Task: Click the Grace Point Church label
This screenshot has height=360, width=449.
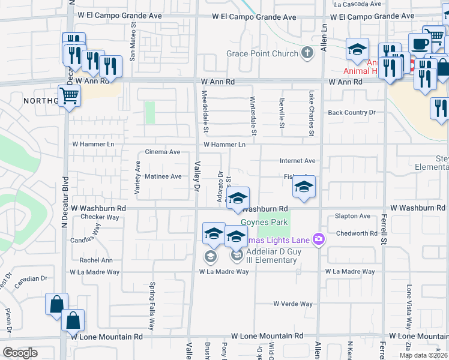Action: [x=262, y=54]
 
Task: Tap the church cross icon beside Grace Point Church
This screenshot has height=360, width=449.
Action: [x=307, y=53]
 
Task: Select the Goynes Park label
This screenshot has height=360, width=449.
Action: [x=264, y=223]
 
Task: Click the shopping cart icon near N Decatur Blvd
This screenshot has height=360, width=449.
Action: [x=70, y=95]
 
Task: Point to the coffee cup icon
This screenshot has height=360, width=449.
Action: [x=420, y=44]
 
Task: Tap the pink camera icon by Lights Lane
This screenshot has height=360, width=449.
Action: [x=318, y=240]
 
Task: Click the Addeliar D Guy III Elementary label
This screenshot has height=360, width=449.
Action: [x=272, y=256]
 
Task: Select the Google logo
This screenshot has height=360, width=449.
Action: [x=19, y=353]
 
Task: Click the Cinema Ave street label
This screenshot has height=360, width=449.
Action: [x=163, y=152]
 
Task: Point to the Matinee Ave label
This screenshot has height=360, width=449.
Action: [x=163, y=176]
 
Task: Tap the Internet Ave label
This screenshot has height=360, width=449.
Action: [x=297, y=161]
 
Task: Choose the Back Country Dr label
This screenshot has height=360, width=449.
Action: [x=351, y=112]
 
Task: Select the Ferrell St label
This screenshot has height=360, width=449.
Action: [x=382, y=228]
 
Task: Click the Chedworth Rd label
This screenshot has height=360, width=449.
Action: [x=356, y=233]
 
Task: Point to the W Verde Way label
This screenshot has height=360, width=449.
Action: [x=293, y=304]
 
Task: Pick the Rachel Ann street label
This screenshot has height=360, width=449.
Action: [x=96, y=260]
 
